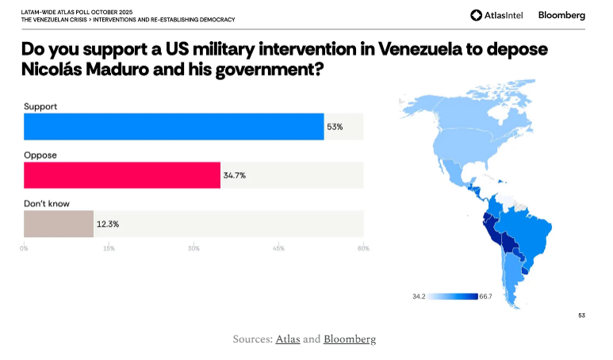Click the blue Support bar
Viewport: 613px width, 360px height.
174,127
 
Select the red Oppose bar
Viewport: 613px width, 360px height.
122,175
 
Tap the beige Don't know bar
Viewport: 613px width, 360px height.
59,224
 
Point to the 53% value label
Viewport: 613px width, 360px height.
335,127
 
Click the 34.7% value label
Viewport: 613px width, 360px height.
235,175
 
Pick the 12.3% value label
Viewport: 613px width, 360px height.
108,224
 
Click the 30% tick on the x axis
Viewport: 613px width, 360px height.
193,248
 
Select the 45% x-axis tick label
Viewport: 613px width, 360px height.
278,248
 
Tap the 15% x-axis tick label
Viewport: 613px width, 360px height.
109,248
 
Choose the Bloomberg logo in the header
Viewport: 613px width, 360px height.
561,15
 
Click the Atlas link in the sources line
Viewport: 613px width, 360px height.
287,339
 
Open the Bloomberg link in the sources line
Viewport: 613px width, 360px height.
350,339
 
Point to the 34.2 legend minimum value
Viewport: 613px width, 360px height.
420,297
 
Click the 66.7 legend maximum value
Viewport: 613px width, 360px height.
486,297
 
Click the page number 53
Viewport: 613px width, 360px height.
581,316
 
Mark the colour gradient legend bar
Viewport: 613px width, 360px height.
453,297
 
